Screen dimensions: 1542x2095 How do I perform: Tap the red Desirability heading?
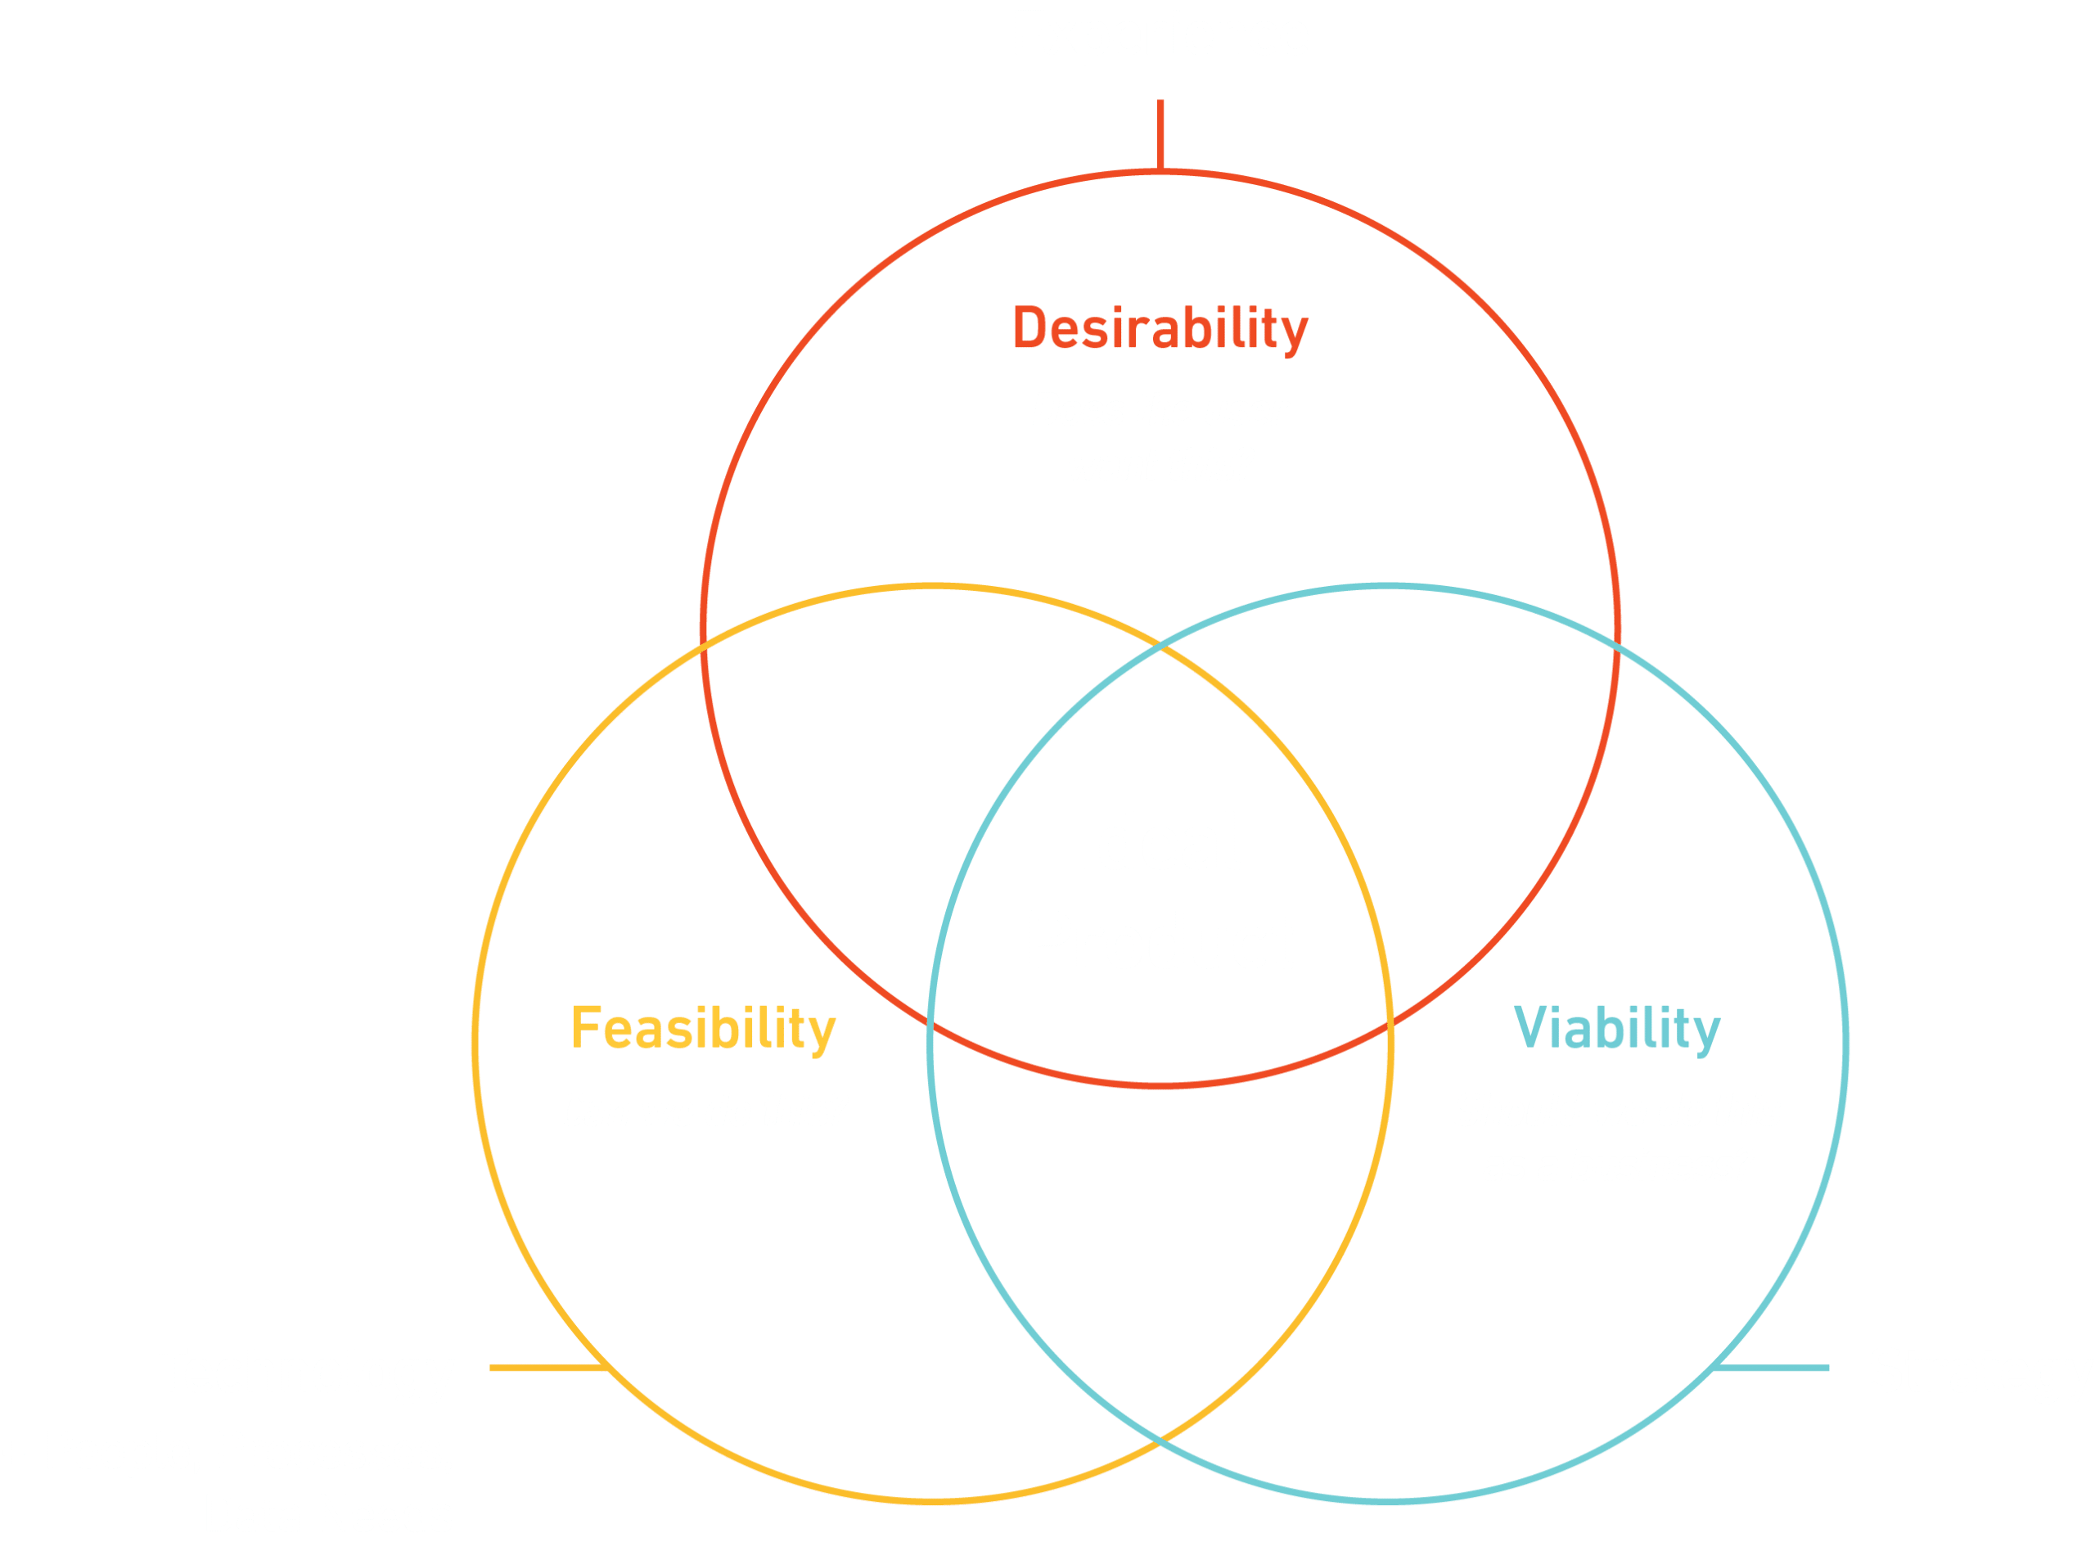1160,330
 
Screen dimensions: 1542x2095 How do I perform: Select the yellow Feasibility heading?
703,1029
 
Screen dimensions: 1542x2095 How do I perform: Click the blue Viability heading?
1616,1029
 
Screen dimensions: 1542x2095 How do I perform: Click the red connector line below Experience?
1160,135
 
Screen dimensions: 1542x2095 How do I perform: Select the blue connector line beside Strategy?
1773,1368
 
